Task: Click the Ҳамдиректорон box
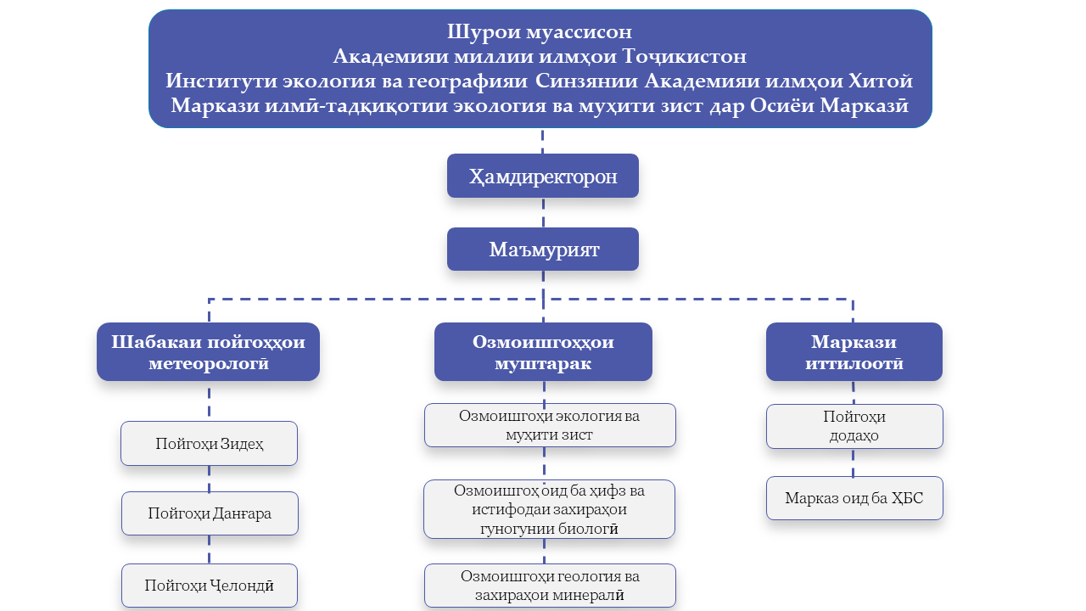point(542,176)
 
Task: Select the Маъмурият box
point(542,249)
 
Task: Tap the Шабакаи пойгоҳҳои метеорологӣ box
point(208,351)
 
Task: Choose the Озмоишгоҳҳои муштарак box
point(543,351)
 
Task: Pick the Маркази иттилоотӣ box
point(854,351)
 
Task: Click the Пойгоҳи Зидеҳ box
point(209,443)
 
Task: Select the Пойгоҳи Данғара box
point(210,513)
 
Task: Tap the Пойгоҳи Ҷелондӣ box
point(209,586)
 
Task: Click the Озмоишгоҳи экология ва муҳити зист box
point(550,425)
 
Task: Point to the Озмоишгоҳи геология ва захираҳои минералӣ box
point(550,586)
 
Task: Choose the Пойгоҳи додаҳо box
point(854,426)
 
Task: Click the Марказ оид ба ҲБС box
point(854,498)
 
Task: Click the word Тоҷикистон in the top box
point(684,56)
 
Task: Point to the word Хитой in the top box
point(881,81)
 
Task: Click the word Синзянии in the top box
point(586,81)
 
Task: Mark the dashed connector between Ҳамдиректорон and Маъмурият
point(543,212)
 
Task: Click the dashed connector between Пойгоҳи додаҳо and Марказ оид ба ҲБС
point(854,462)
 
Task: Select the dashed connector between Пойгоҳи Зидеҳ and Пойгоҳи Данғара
point(209,479)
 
